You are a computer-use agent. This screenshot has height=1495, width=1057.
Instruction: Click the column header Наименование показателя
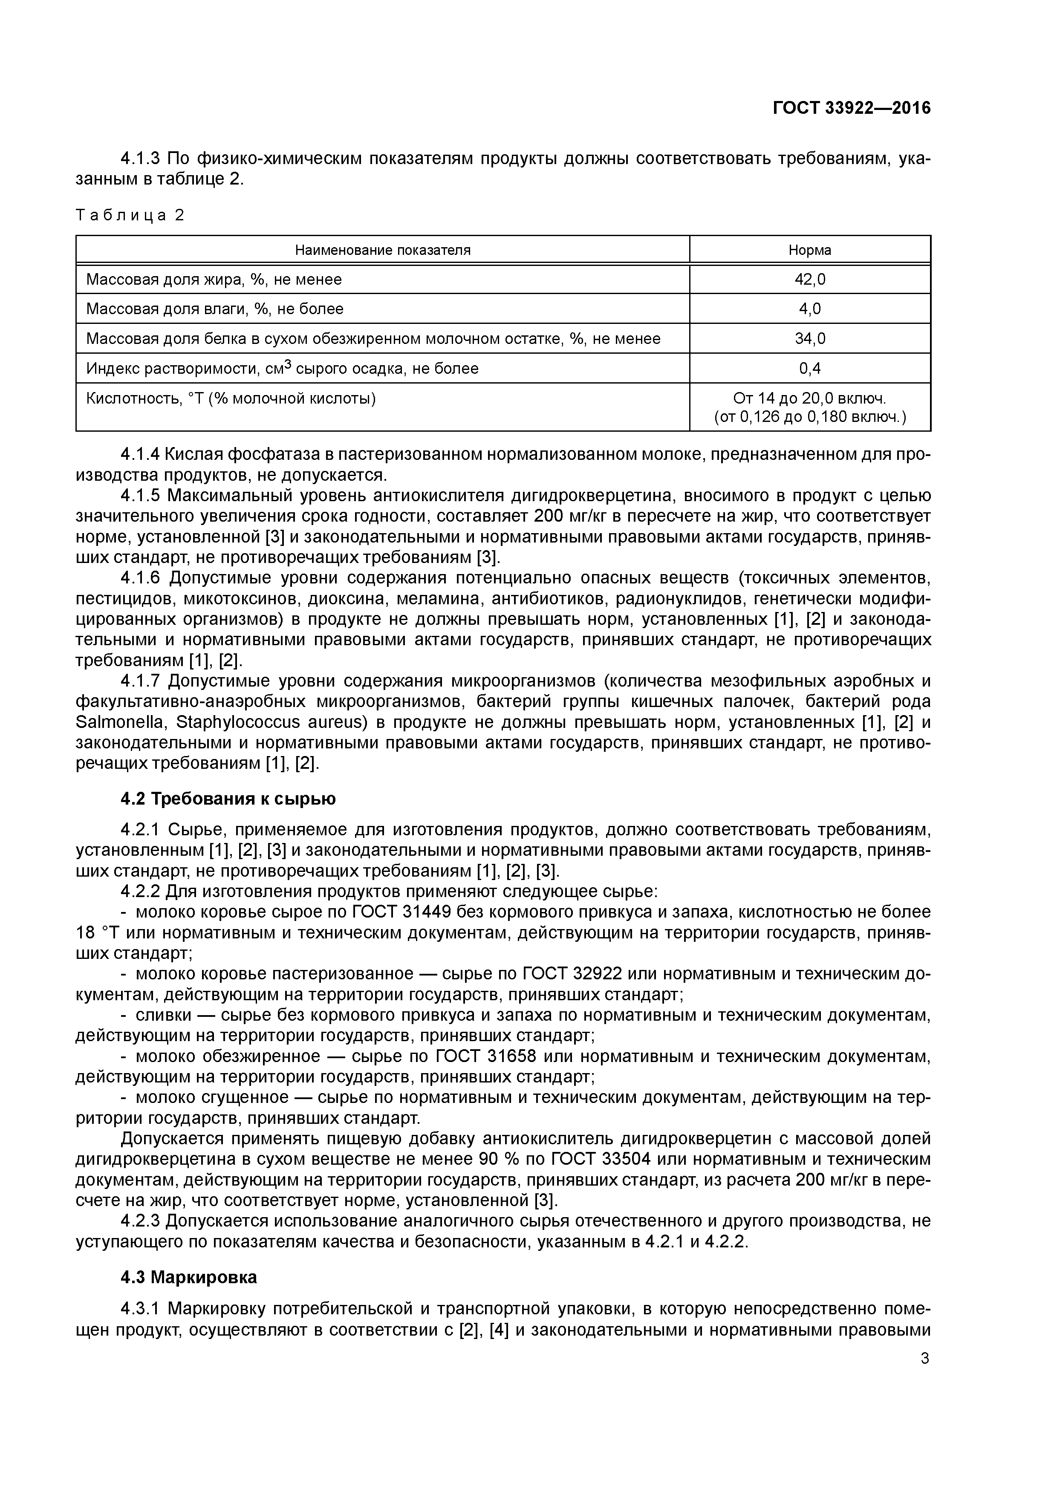(x=382, y=250)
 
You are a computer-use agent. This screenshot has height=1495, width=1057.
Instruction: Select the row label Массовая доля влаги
(x=215, y=309)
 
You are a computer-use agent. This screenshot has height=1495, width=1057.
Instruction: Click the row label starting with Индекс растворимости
(x=282, y=369)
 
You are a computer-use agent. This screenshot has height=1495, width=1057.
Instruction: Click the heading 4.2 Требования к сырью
(x=228, y=799)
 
